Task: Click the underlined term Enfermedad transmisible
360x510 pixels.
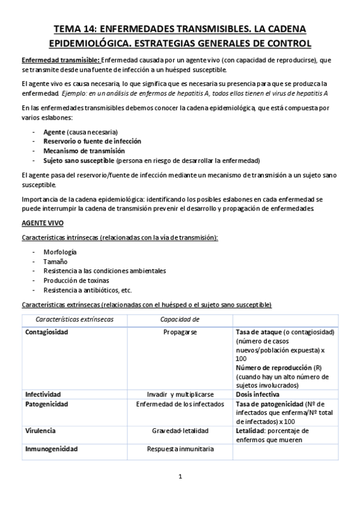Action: click(x=60, y=60)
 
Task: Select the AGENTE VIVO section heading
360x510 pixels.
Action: click(x=42, y=223)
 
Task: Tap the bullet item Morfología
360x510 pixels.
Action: click(x=60, y=252)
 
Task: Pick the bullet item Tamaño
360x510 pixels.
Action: click(x=55, y=262)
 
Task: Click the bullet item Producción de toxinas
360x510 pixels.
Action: click(x=76, y=281)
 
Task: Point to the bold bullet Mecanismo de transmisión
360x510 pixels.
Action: click(x=84, y=151)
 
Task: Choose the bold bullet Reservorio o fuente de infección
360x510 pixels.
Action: click(x=93, y=141)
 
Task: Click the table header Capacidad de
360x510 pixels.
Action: click(x=180, y=319)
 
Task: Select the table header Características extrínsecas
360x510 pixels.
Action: click(x=75, y=319)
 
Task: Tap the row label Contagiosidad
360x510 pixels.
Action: click(x=47, y=332)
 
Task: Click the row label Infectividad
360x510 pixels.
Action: click(x=43, y=394)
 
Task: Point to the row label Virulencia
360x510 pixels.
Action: click(x=41, y=431)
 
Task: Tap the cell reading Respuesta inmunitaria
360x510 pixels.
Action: click(x=180, y=449)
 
